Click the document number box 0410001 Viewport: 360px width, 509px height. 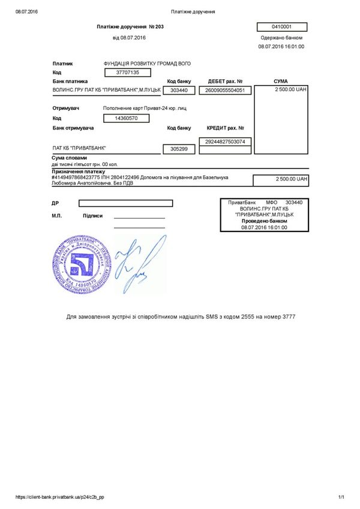click(x=281, y=27)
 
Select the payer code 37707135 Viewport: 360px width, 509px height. click(x=127, y=72)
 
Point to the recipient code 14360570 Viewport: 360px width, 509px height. click(x=127, y=119)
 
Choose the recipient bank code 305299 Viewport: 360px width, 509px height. click(x=179, y=149)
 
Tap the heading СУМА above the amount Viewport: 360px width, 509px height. click(x=280, y=81)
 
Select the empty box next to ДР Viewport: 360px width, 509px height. click(x=125, y=203)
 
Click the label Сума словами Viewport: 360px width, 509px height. click(x=70, y=158)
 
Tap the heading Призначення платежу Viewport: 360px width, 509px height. click(x=79, y=171)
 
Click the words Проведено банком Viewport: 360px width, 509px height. click(x=265, y=221)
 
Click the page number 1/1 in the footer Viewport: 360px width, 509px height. click(x=341, y=497)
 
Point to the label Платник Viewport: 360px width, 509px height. click(x=63, y=63)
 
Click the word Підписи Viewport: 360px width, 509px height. click(x=92, y=216)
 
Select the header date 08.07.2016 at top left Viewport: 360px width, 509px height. click(x=26, y=11)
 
